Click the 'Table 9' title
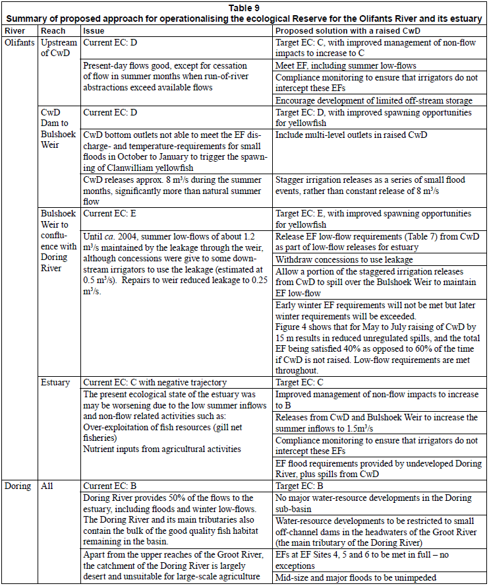point(244,8)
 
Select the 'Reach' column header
point(53,31)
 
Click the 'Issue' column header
point(93,31)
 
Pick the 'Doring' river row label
point(18,486)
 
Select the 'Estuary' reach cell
point(55,383)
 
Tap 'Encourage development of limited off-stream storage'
point(374,101)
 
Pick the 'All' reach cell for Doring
point(47,486)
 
